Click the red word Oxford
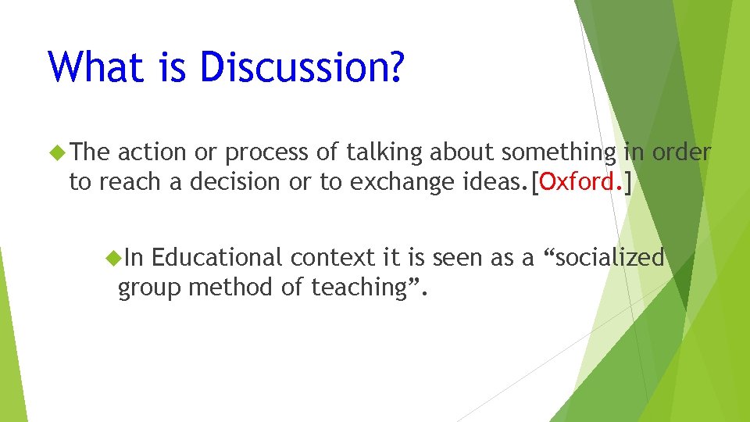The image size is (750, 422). coord(581,182)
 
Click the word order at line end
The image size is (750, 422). coord(681,152)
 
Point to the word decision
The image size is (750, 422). coord(235,182)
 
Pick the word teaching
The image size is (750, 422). coord(360,288)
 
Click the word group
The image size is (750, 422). coord(150,288)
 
